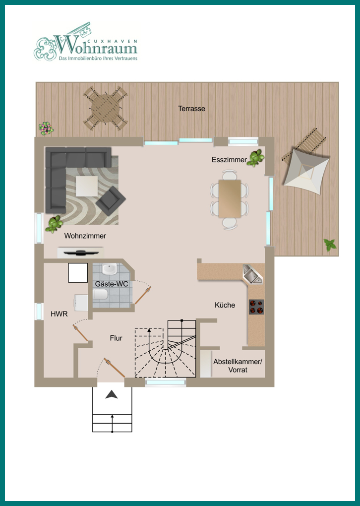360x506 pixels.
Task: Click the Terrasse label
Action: click(191, 109)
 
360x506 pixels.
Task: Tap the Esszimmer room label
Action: click(230, 160)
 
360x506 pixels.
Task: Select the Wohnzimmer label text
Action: click(85, 236)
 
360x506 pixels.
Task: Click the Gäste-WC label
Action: click(112, 284)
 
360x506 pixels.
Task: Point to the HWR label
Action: click(60, 314)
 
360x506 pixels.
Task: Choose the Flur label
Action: click(116, 338)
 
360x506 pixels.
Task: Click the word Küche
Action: click(225, 305)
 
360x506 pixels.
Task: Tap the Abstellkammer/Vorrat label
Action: click(238, 366)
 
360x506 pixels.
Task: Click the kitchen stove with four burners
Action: click(256, 307)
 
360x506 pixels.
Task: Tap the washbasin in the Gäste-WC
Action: click(110, 269)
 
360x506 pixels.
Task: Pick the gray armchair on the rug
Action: click(111, 201)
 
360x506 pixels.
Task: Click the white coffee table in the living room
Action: click(87, 186)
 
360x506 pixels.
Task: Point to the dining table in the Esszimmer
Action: click(230, 199)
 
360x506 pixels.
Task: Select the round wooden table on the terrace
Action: click(105, 108)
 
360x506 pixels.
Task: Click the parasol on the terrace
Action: click(306, 171)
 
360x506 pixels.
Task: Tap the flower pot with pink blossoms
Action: click(46, 128)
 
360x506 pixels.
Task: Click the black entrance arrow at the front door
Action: click(112, 394)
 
